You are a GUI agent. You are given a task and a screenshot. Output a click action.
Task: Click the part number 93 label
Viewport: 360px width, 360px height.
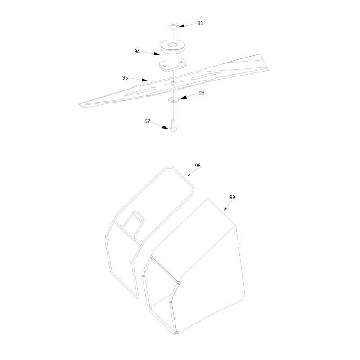(200, 23)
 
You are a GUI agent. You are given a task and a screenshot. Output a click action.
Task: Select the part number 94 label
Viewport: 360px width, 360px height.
(137, 51)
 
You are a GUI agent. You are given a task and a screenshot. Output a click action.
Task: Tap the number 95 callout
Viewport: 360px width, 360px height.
(125, 78)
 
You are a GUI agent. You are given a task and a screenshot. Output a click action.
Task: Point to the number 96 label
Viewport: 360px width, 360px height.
(201, 93)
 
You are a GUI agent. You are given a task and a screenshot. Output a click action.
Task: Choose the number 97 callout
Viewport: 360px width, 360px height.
(148, 121)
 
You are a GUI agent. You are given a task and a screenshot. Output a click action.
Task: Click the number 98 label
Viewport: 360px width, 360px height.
(198, 166)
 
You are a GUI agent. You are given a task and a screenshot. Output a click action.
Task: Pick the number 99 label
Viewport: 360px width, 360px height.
(232, 197)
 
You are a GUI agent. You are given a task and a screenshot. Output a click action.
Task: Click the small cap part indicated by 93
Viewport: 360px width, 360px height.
(174, 26)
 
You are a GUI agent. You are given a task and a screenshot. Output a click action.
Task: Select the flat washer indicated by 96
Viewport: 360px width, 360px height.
(172, 99)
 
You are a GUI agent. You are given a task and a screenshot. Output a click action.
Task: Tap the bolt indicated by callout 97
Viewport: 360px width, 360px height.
(174, 126)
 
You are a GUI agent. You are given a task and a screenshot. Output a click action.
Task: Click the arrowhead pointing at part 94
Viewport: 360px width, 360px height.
(157, 54)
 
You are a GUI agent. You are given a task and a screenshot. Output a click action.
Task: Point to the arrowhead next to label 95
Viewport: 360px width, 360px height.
(144, 80)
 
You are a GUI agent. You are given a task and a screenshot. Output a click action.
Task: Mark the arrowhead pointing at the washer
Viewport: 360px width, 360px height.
(184, 97)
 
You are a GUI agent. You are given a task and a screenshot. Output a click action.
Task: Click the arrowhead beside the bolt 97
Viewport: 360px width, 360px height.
(165, 127)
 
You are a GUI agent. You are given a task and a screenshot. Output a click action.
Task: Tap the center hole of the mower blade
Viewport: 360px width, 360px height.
(173, 82)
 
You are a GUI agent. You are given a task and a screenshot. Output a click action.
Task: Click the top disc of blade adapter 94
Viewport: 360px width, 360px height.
(173, 45)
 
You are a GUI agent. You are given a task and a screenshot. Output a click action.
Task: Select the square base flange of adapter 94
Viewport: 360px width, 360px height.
(172, 65)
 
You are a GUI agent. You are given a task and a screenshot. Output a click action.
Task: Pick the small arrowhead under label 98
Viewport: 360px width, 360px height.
(189, 175)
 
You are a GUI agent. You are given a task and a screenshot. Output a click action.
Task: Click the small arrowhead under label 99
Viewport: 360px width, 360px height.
(225, 209)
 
